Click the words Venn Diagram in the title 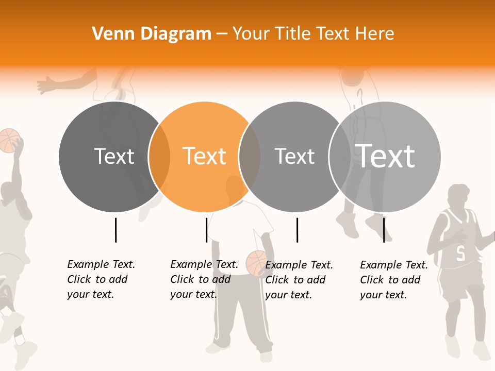point(152,34)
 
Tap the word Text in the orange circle point(205,156)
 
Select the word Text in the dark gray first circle point(114,156)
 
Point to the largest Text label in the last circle point(385,156)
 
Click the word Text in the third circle point(294,156)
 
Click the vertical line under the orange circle point(206,230)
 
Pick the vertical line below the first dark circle point(115,230)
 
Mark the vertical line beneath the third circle point(297,230)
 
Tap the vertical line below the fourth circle point(384,230)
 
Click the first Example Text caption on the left point(101,279)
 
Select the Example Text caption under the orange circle point(204,279)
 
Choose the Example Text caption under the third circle point(299,279)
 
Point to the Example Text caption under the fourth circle point(394,279)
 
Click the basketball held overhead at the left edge point(9,140)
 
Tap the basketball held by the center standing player point(255,262)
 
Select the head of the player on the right point(458,197)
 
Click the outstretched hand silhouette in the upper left point(48,85)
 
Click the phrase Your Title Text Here point(313,34)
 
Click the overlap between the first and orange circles point(159,157)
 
